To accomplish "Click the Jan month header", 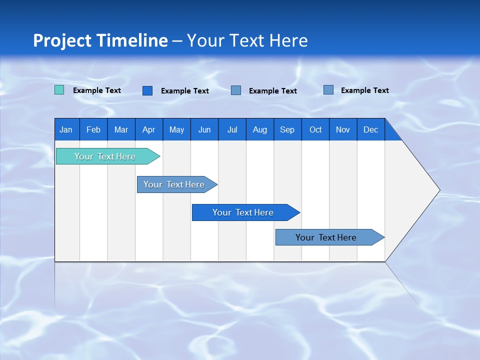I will point(66,129).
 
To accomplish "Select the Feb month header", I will point(93,129).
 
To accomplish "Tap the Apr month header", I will point(149,129).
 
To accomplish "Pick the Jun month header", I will point(204,129).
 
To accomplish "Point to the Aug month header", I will point(260,129).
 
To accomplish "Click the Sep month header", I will point(287,129).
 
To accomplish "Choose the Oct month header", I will point(315,129).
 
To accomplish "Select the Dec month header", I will point(371,129).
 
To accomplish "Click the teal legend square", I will point(59,90).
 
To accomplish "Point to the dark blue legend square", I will point(147,90).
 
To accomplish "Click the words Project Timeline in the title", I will point(100,40).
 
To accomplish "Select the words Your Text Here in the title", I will point(247,40).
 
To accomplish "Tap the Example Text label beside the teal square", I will point(97,90).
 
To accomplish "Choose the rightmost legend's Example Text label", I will point(365,90).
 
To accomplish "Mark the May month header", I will point(176,129).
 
